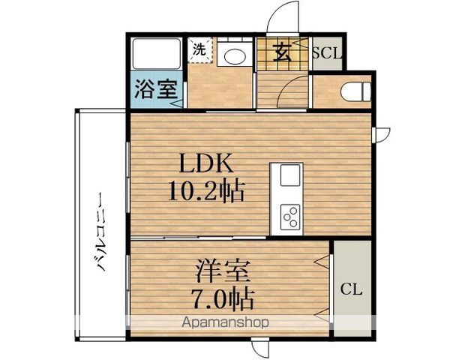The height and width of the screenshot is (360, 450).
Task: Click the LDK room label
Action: [206, 163]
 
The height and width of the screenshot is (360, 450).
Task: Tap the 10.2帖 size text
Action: [207, 191]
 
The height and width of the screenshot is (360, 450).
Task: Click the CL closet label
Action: [352, 290]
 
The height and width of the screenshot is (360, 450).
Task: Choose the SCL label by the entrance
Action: [327, 53]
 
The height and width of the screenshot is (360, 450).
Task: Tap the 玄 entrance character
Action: [283, 53]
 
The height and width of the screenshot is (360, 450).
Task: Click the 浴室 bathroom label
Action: [155, 88]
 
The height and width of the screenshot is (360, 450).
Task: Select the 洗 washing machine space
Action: [200, 50]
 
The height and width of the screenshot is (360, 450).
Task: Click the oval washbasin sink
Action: [235, 56]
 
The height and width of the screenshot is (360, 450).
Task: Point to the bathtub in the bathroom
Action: [157, 54]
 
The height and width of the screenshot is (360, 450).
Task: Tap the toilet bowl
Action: [355, 91]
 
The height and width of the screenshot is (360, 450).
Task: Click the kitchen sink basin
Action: [290, 175]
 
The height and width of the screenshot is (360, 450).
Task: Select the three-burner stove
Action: [290, 217]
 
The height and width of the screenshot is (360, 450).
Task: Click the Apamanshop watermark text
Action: [225, 322]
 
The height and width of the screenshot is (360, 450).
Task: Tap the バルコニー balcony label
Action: [102, 232]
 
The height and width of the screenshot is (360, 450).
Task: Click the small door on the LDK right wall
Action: [381, 135]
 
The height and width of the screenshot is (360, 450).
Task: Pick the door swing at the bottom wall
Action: [260, 348]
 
